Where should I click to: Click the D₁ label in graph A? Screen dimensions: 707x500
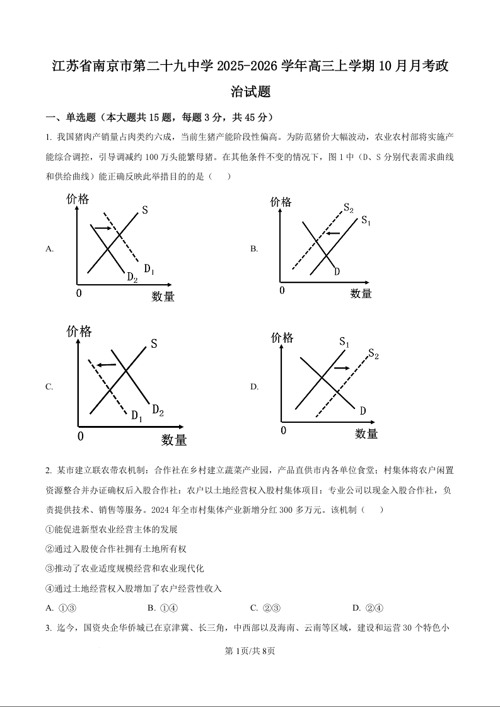click(x=149, y=269)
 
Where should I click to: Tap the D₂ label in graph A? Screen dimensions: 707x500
click(x=132, y=277)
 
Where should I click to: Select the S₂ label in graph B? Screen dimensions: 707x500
click(x=348, y=209)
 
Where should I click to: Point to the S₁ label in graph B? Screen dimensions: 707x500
click(x=366, y=221)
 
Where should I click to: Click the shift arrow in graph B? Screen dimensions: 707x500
click(x=332, y=234)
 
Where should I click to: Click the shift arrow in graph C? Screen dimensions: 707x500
click(x=106, y=365)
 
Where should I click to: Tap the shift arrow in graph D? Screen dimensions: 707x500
click(x=341, y=367)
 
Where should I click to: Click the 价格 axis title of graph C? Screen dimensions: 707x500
click(x=79, y=331)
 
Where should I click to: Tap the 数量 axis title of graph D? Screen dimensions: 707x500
click(x=366, y=434)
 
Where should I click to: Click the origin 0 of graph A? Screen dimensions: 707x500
click(x=79, y=294)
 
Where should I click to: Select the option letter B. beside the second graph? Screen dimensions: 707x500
click(x=254, y=249)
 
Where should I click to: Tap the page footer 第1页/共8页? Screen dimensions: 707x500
click(x=250, y=652)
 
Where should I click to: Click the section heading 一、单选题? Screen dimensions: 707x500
click(x=69, y=117)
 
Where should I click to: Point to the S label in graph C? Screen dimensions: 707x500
click(x=154, y=344)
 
